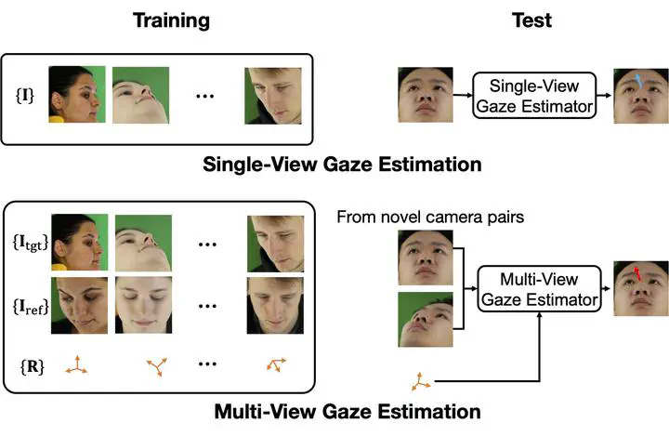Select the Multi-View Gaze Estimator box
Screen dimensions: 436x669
pos(538,289)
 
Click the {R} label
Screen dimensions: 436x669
pos(28,364)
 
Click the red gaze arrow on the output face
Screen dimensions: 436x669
pos(637,273)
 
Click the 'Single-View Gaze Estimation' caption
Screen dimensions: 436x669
pos(341,165)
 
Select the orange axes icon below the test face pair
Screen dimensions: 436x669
pos(421,379)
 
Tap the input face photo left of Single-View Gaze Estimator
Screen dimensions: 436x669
pos(425,95)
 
